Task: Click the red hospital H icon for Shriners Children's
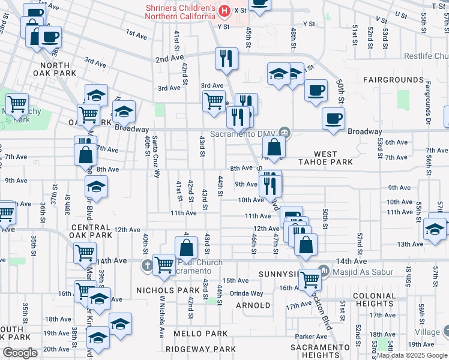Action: [x=224, y=11]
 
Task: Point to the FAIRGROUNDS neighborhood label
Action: [x=393, y=80]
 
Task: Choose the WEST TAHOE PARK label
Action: [x=325, y=158]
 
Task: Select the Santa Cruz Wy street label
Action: [x=156, y=157]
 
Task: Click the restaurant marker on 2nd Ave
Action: [x=226, y=58]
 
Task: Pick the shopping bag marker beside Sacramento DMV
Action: [x=274, y=146]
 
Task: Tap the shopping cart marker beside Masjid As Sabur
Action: [x=310, y=278]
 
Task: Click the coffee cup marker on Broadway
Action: [x=333, y=118]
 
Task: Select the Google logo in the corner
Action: [x=20, y=353]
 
